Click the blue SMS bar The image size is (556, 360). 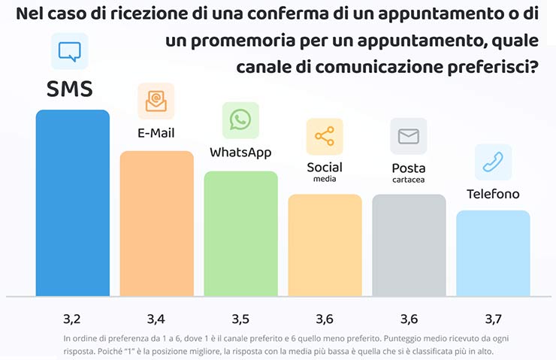(x=73, y=203)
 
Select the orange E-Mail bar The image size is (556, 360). (x=157, y=223)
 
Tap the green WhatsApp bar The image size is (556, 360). (x=241, y=233)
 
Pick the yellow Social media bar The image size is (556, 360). (x=325, y=244)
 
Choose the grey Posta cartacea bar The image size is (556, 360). (x=409, y=244)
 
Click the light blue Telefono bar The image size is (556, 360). (x=493, y=253)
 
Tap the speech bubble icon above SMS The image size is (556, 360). (x=69, y=51)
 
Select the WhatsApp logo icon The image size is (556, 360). (x=240, y=120)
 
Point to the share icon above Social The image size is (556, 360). (x=325, y=136)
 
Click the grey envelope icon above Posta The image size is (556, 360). (x=409, y=136)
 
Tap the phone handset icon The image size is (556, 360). (x=493, y=162)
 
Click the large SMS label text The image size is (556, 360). (x=70, y=89)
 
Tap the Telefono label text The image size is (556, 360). (x=493, y=194)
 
